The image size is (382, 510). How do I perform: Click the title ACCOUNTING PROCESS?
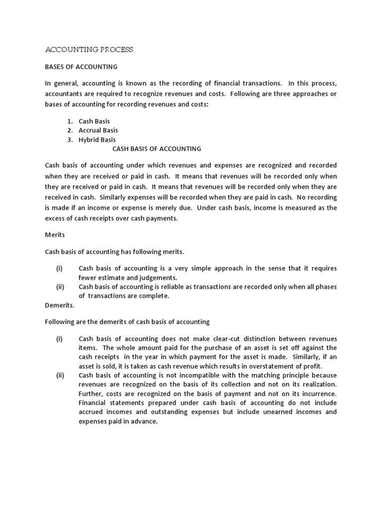(x=89, y=50)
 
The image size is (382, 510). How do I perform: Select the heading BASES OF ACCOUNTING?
(x=81, y=66)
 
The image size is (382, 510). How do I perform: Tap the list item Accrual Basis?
(x=98, y=130)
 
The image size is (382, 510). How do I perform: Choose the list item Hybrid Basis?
(x=97, y=139)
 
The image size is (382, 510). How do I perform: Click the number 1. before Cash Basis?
(x=71, y=121)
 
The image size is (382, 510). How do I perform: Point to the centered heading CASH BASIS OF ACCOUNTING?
(x=157, y=148)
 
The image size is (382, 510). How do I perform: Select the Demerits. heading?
(x=60, y=305)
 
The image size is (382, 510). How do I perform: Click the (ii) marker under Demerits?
(x=59, y=376)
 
